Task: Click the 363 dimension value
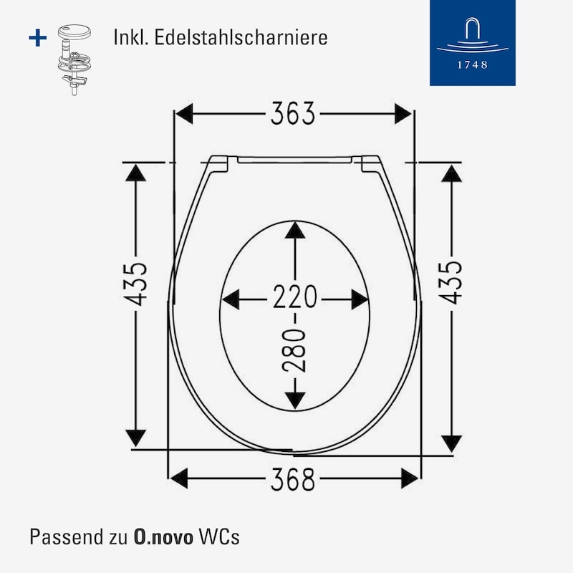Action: pos(292,113)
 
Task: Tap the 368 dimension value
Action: pos(292,478)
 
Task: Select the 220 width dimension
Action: pos(295,297)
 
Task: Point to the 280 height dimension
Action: pos(294,350)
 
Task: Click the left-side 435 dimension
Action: pos(135,284)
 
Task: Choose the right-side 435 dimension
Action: pos(451,282)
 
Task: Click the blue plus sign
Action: pos(38,38)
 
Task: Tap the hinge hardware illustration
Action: pos(74,59)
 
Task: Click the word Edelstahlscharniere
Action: pos(241,37)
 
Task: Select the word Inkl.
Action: pos(131,37)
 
